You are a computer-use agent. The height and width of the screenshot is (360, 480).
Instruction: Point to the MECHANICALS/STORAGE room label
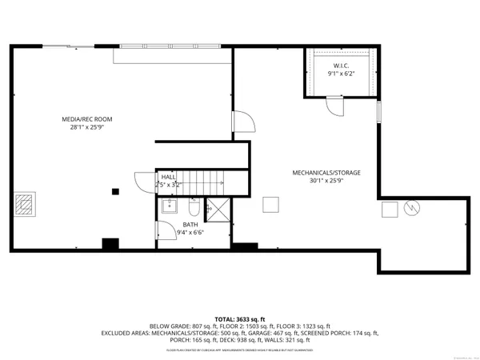(326, 172)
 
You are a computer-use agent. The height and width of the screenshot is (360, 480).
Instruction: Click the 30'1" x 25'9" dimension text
(326, 181)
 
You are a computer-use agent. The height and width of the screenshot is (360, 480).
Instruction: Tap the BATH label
(190, 225)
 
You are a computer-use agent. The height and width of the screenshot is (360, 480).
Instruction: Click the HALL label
(169, 177)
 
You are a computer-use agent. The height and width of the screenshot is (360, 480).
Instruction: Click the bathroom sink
(168, 206)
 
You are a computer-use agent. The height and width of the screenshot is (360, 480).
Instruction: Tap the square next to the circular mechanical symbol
(390, 209)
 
